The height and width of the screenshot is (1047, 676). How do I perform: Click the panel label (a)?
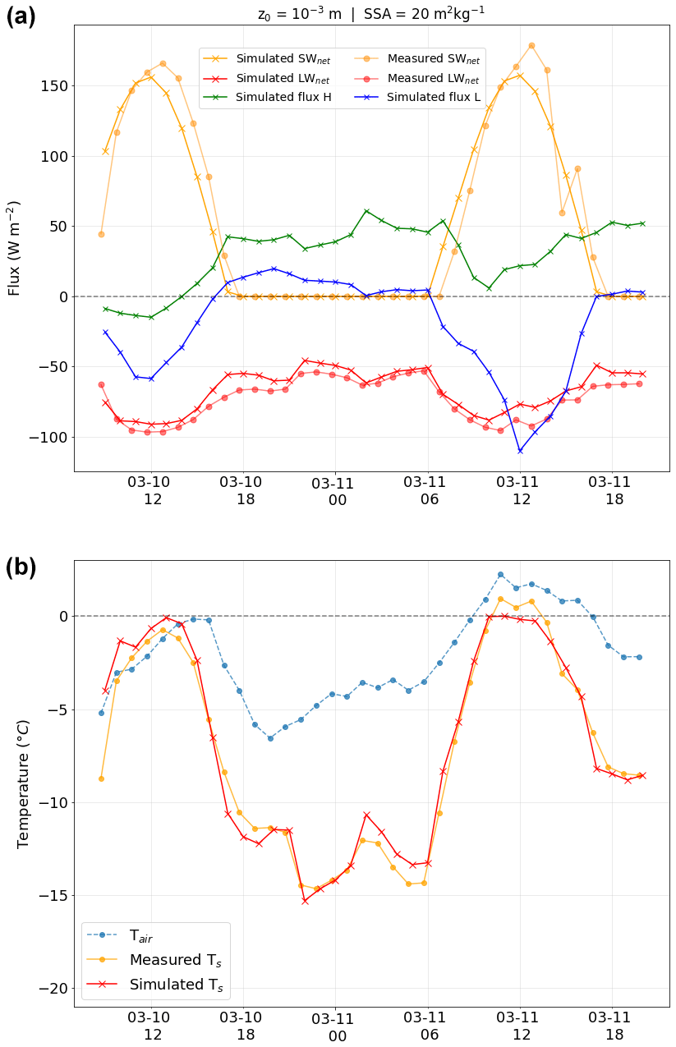[x=21, y=16]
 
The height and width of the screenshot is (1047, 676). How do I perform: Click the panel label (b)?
[x=21, y=567]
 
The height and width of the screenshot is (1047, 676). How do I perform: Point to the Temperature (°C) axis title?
[x=23, y=783]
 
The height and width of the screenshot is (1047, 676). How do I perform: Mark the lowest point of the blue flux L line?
[x=520, y=451]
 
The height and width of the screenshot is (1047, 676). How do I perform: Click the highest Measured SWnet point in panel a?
[x=531, y=46]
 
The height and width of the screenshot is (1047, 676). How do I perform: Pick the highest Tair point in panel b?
[x=500, y=575]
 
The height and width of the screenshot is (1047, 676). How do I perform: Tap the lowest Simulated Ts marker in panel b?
[x=305, y=901]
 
